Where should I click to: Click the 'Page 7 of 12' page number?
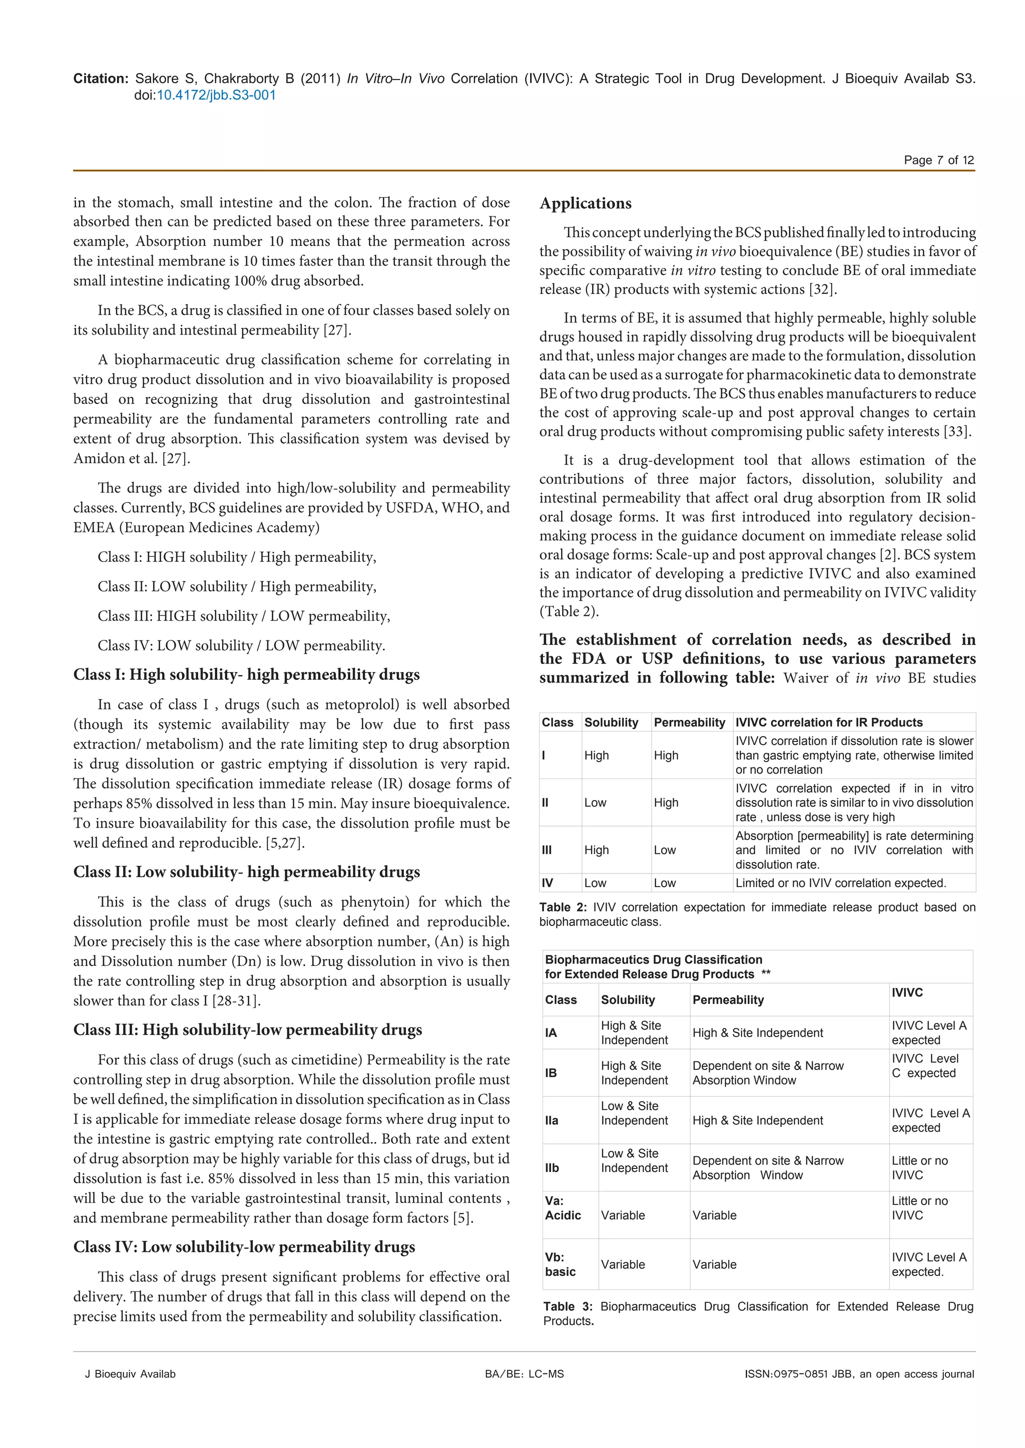coord(938,160)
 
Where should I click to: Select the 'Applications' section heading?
coord(585,203)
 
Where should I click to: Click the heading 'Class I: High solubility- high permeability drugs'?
coord(246,674)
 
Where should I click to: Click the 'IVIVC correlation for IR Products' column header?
coord(829,722)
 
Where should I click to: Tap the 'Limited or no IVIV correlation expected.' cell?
coord(841,883)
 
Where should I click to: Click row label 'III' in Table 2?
coord(547,849)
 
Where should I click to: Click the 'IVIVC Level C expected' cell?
coord(925,1066)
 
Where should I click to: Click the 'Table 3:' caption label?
coord(568,1306)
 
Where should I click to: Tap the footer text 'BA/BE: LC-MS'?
coord(524,1373)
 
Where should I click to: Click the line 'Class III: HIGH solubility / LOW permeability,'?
coord(244,615)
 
